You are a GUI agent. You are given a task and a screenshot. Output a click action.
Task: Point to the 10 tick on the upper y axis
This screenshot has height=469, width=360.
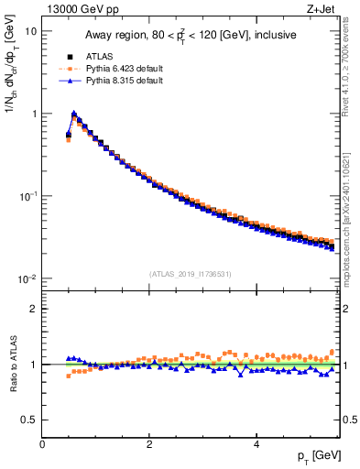tap(30, 31)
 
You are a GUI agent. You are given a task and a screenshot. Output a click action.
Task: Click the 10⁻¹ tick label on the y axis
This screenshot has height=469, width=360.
tap(27, 197)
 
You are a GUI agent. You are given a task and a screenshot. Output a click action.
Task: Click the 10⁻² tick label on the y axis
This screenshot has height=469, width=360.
tap(27, 279)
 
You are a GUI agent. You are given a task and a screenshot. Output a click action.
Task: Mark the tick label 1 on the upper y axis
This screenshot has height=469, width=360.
tap(34, 115)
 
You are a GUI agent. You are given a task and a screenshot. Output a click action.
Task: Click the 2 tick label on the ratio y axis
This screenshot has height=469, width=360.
tap(34, 309)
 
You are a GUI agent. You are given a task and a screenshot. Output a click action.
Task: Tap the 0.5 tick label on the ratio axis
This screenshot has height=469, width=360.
tap(29, 420)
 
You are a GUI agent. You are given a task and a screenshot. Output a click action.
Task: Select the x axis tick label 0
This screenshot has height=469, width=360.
tap(42, 444)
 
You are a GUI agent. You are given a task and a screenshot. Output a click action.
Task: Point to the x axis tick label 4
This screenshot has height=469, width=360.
tap(256, 444)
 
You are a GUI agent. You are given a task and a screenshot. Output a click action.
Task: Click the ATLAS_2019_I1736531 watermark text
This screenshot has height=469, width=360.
tap(191, 274)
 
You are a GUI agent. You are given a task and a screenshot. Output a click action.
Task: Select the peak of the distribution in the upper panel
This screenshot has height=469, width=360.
tap(74, 115)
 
